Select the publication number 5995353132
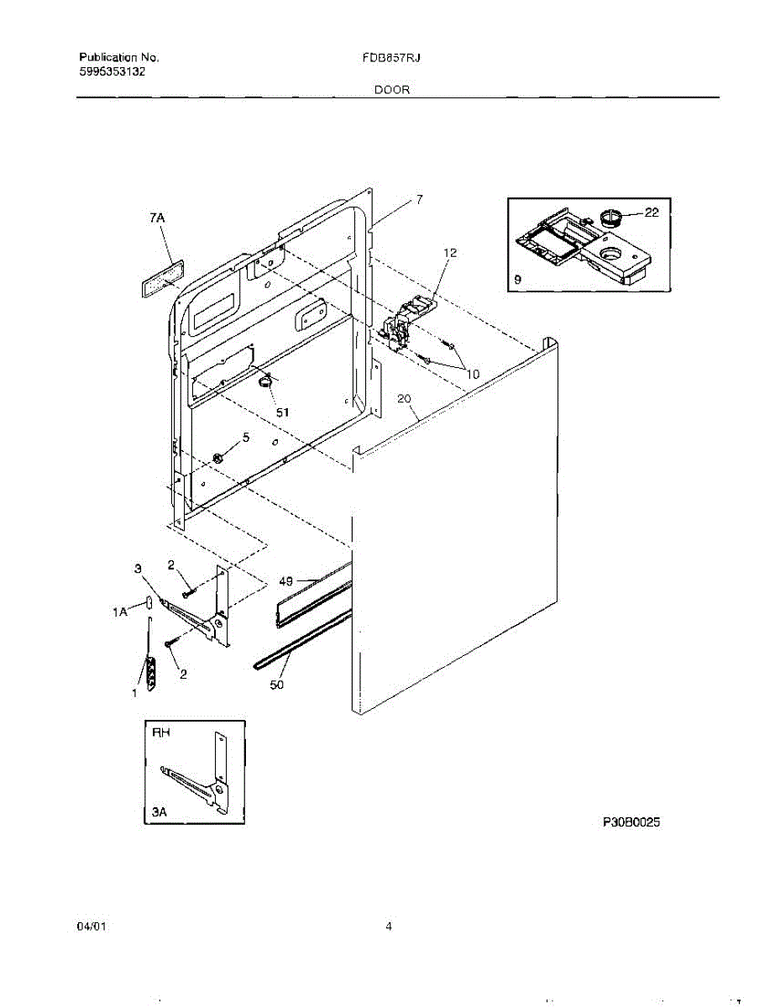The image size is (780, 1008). point(112,72)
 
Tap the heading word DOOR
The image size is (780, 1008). point(392,90)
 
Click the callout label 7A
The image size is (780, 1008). point(157,218)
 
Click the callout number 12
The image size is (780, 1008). point(450,252)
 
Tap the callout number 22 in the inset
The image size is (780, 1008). point(652,213)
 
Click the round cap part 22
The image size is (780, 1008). point(611,218)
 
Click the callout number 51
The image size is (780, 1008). point(283,412)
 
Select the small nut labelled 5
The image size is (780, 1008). point(217,457)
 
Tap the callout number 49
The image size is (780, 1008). point(285,580)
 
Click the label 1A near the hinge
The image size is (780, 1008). point(120,613)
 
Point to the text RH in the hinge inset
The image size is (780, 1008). point(160,732)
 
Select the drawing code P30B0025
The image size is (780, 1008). point(631,823)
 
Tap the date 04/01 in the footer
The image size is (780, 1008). point(92,927)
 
